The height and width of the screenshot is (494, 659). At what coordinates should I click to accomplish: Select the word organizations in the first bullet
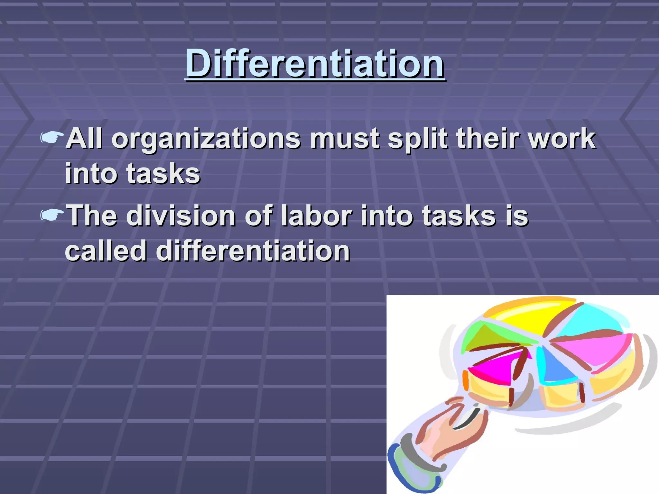point(206,139)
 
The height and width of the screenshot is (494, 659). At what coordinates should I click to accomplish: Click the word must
point(344,139)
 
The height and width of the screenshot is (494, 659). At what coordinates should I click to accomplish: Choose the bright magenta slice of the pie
point(496,370)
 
